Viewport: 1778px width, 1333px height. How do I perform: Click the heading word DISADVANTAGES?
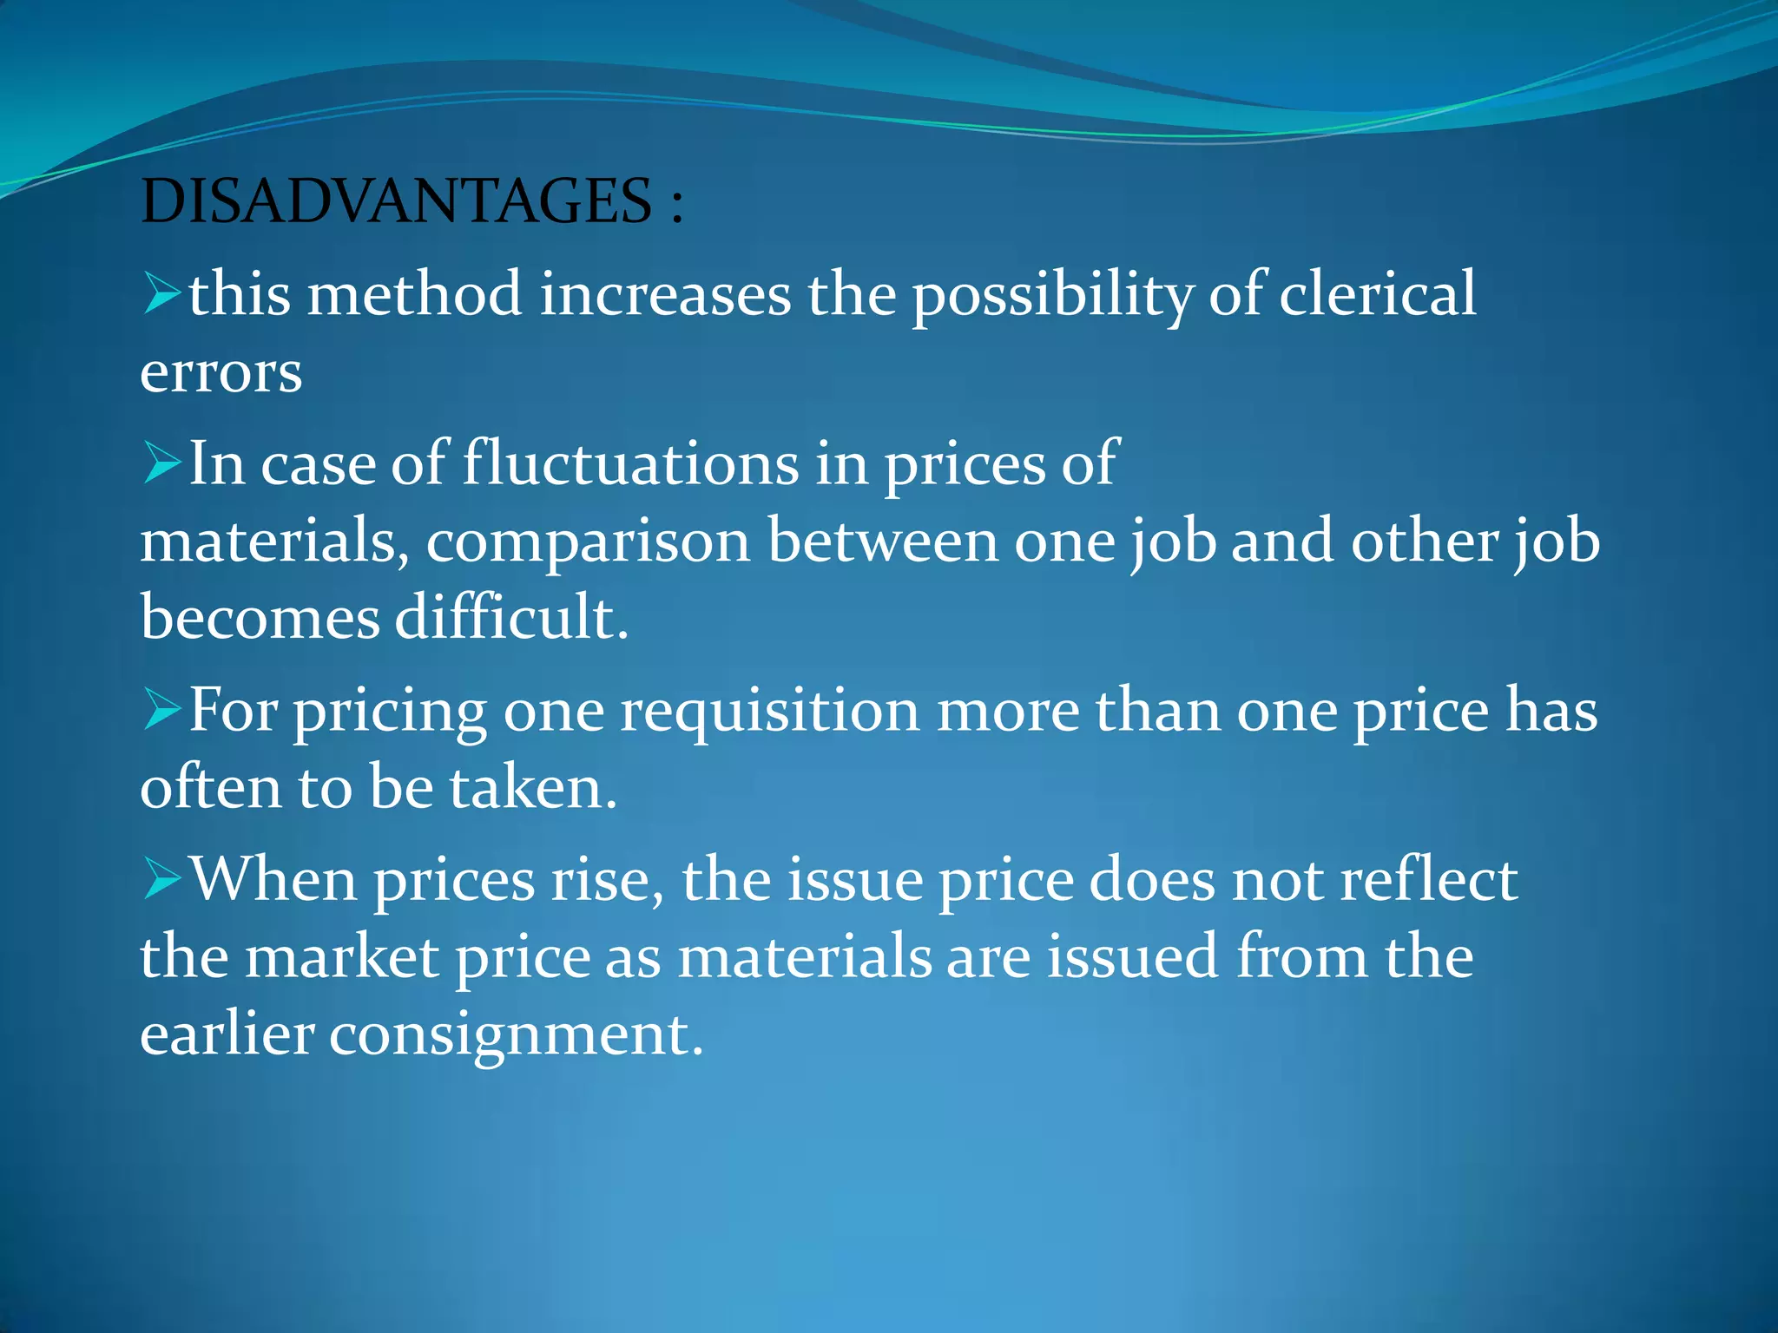point(396,201)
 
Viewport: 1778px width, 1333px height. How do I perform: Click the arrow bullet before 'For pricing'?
point(161,710)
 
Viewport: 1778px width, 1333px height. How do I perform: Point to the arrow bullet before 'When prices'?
point(161,879)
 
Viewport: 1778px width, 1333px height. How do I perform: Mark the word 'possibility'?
point(1052,295)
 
